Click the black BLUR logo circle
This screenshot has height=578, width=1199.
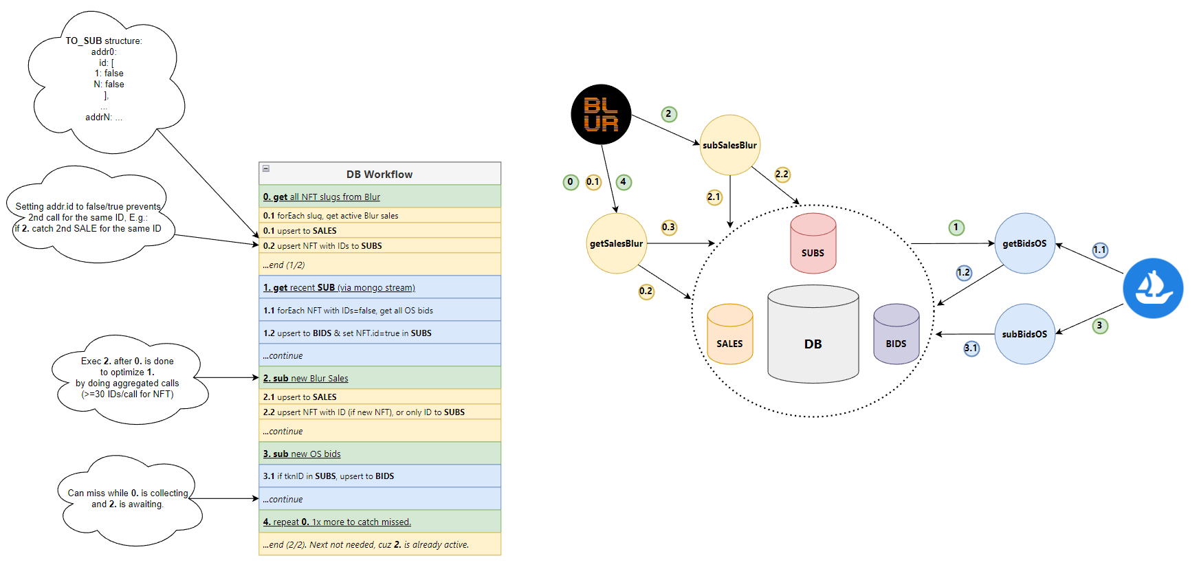click(x=601, y=114)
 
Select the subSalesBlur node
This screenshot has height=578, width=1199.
click(x=729, y=145)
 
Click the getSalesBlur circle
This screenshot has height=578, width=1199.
click(x=616, y=243)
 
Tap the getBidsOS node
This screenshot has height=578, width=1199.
click(x=1024, y=243)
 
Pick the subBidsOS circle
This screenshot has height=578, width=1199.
click(x=1024, y=334)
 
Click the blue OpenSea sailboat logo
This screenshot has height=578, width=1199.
click(x=1153, y=288)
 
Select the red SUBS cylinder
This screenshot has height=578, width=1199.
click(x=813, y=244)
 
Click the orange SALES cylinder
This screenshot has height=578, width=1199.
click(x=729, y=335)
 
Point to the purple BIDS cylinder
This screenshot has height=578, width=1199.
click(x=896, y=335)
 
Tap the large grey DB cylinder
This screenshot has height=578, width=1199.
click(x=813, y=335)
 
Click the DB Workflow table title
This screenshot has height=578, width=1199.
click(x=379, y=174)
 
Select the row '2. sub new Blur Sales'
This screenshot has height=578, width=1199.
click(x=379, y=378)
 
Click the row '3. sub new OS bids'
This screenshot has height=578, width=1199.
click(x=379, y=454)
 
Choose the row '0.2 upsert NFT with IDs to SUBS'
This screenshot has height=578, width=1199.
click(x=379, y=245)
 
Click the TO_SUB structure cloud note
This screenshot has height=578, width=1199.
click(x=104, y=79)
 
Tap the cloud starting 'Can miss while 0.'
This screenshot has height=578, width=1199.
click(x=128, y=498)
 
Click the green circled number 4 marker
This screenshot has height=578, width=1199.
click(x=624, y=182)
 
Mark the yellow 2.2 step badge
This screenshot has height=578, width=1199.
click(x=782, y=174)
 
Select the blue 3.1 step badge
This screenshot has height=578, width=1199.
click(x=971, y=348)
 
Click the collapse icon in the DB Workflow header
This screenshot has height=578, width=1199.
click(x=266, y=168)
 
